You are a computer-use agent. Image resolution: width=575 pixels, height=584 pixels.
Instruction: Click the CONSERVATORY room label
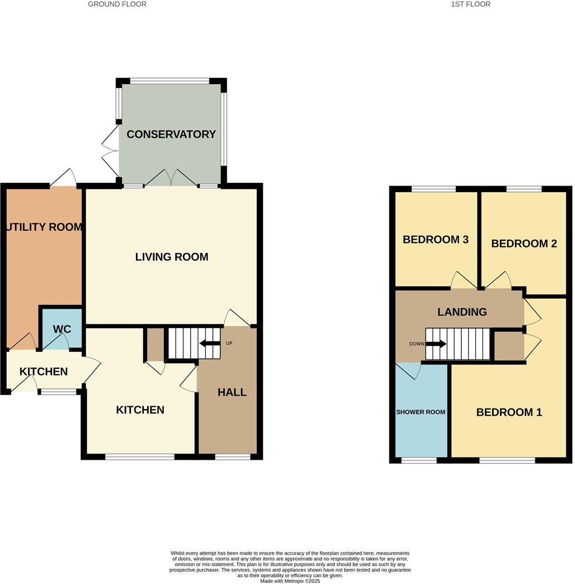171,134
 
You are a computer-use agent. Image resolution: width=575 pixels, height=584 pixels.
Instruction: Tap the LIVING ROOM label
172,257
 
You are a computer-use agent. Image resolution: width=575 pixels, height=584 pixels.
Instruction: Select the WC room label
62,329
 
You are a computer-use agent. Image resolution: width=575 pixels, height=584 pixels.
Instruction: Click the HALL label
232,392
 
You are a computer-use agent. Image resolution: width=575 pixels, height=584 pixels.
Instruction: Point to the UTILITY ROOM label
45,227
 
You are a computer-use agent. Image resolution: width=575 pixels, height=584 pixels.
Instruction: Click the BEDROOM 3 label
435,240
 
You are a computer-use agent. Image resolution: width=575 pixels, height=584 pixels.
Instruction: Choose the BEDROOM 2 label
524,244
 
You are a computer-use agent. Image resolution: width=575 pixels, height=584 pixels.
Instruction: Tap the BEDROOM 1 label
509,412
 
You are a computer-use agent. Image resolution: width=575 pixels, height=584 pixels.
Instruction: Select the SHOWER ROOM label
421,412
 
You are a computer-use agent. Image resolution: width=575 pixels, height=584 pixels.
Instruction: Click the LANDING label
462,312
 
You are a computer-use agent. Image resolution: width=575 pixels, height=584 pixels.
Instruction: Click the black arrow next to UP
209,343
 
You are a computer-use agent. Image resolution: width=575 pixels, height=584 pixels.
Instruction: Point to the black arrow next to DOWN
436,344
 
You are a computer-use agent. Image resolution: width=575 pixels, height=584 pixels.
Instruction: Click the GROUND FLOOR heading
117,4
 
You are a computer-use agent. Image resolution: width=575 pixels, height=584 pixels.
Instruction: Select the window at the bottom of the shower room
419,460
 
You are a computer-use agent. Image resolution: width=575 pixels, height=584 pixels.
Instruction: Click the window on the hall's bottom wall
232,457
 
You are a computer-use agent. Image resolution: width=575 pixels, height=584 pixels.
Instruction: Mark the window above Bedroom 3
433,189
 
